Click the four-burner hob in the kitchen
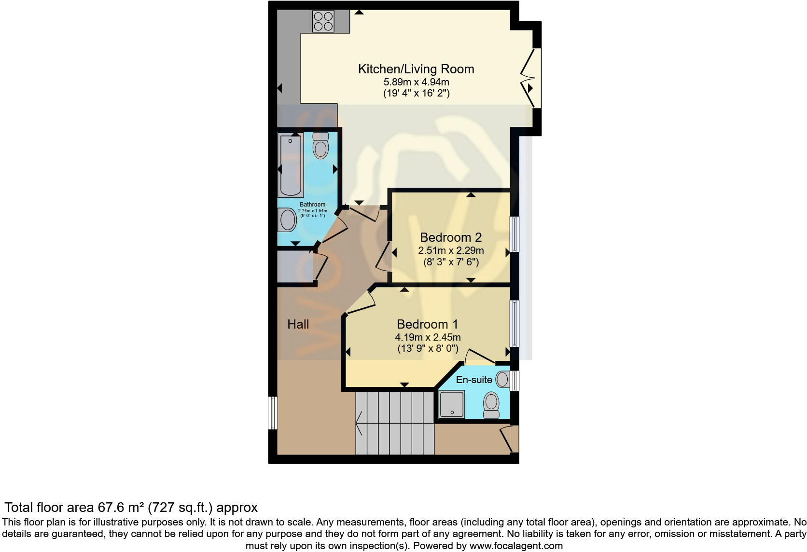pyautogui.click(x=323, y=21)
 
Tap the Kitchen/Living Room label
pyautogui.click(x=416, y=69)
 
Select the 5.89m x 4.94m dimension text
pyautogui.click(x=416, y=82)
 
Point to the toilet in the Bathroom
pyautogui.click(x=320, y=146)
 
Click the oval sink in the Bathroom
pyautogui.click(x=288, y=220)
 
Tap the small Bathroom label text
pyautogui.click(x=312, y=205)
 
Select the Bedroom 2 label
pyautogui.click(x=450, y=237)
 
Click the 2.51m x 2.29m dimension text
pyautogui.click(x=450, y=250)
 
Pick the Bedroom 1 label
pyautogui.click(x=427, y=324)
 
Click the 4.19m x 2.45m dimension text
pyautogui.click(x=427, y=337)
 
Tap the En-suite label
pyautogui.click(x=474, y=380)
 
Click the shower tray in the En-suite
pyautogui.click(x=452, y=404)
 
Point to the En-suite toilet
pyautogui.click(x=491, y=404)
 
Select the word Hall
pyautogui.click(x=298, y=324)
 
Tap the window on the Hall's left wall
pyautogui.click(x=273, y=413)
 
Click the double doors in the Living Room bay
pyautogui.click(x=531, y=77)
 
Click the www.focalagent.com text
pyautogui.click(x=515, y=546)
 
